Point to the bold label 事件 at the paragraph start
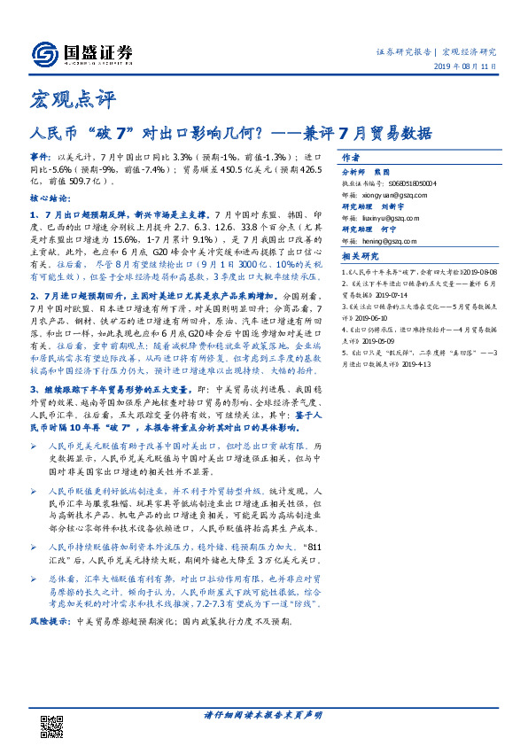click(x=40, y=155)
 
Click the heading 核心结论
click(x=49, y=199)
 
